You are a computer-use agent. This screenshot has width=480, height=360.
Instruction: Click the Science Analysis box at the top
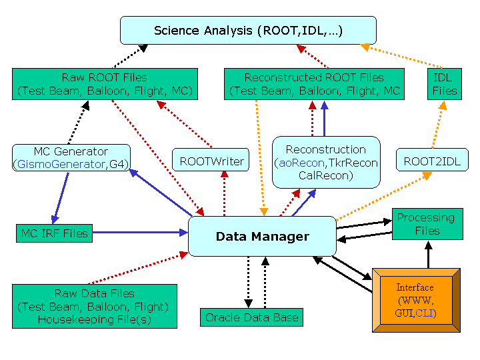tap(248, 31)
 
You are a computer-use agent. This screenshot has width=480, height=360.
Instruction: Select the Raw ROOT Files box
tap(104, 84)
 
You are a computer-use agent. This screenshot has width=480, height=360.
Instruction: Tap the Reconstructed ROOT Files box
tap(314, 84)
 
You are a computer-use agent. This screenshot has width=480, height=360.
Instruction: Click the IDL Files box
tap(445, 84)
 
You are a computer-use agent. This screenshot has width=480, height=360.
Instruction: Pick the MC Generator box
tap(70, 157)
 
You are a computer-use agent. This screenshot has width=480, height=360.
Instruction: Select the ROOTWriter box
tap(212, 161)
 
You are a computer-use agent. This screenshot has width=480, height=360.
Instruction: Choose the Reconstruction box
tap(325, 162)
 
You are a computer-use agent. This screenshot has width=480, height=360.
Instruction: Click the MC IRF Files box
tap(54, 233)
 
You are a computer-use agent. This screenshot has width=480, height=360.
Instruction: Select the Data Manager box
tap(262, 236)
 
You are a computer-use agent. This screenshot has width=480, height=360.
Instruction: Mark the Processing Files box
tap(426, 224)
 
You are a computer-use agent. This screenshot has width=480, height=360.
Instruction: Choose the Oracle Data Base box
tap(251, 317)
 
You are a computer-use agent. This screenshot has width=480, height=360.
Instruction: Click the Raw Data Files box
tap(95, 306)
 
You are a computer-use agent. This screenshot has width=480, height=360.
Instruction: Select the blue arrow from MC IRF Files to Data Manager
tap(140, 233)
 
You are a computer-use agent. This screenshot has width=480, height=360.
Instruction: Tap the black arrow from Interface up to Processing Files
tap(428, 254)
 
